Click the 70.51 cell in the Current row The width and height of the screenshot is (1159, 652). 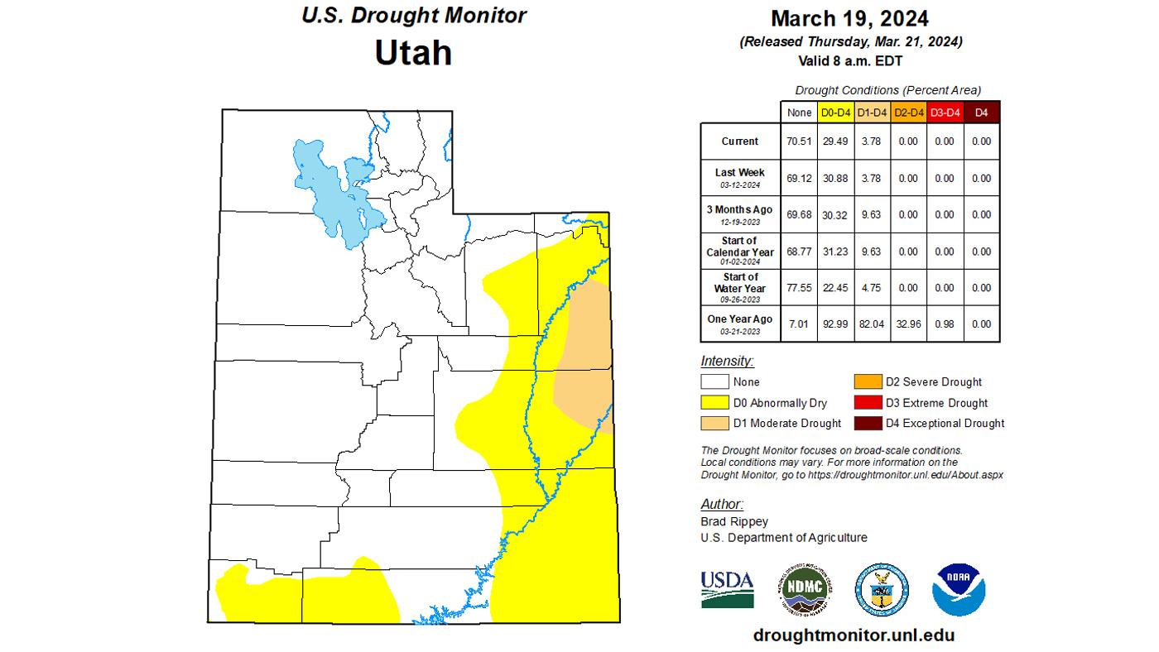(799, 141)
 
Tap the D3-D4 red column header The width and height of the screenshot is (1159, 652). (945, 113)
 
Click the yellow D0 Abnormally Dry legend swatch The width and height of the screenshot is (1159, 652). (714, 403)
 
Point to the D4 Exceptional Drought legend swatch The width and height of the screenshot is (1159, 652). (868, 423)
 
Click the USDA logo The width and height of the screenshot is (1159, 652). (727, 589)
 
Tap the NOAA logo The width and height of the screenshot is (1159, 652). (959, 589)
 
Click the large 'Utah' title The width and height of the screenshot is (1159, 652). (413, 52)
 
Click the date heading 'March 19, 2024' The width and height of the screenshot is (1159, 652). (849, 18)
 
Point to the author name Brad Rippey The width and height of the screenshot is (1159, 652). (733, 522)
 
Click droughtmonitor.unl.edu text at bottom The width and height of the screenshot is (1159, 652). (854, 635)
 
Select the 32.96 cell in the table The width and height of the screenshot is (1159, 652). (908, 324)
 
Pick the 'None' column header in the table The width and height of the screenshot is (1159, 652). (799, 113)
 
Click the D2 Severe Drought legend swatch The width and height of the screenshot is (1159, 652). (868, 382)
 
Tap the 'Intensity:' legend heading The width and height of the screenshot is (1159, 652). (727, 362)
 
